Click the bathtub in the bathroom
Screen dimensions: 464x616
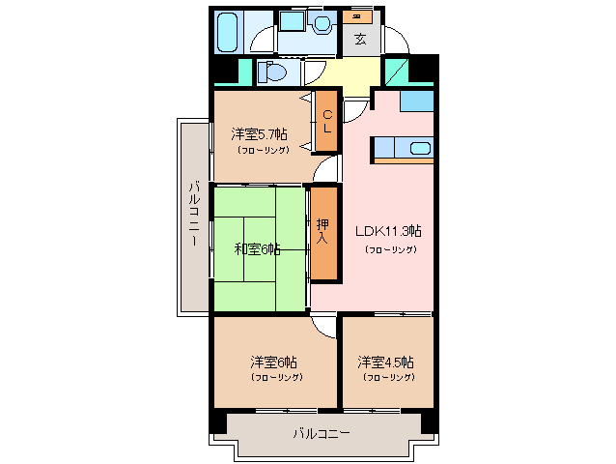click(228, 32)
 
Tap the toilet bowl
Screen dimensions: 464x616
click(273, 72)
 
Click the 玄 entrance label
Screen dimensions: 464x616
click(359, 40)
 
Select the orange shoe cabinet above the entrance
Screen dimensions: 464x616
click(358, 16)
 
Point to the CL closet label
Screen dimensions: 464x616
click(327, 121)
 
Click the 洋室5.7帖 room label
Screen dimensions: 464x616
click(259, 133)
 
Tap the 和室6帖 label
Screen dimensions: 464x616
click(257, 248)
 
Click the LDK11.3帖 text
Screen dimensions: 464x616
click(388, 231)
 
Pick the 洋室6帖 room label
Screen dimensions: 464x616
click(274, 362)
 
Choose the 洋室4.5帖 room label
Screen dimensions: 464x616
click(385, 362)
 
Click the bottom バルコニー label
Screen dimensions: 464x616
click(321, 434)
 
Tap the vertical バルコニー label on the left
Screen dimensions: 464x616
click(194, 214)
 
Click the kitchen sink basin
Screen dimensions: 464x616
click(419, 148)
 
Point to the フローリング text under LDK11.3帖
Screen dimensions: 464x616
click(389, 249)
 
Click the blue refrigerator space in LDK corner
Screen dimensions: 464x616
click(416, 100)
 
